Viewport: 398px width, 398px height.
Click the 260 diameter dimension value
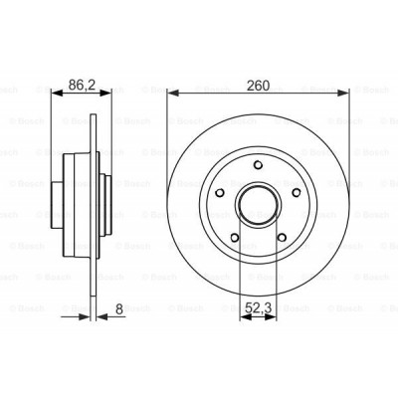[x=258, y=85]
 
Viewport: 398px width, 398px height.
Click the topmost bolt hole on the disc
[x=258, y=166]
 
